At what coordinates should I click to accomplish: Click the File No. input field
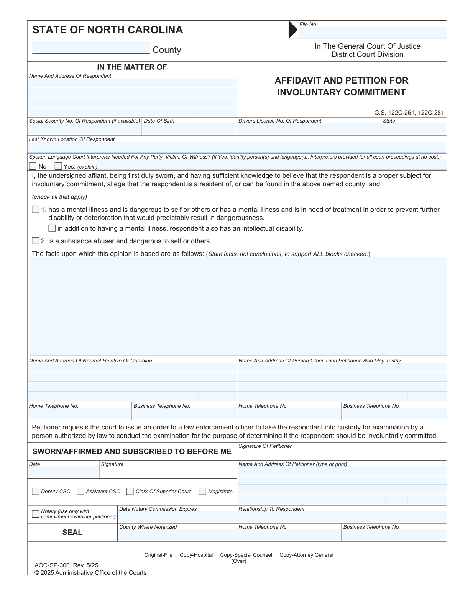[372, 33]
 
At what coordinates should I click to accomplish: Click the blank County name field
[91, 48]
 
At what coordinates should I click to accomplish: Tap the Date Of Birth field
[189, 129]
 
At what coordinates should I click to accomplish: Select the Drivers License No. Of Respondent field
[309, 129]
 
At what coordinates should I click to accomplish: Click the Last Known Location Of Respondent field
[237, 147]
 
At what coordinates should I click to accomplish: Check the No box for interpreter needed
[33, 166]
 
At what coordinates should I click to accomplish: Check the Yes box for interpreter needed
[58, 166]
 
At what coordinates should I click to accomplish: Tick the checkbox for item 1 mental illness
[36, 210]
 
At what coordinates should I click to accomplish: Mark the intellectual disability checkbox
[52, 228]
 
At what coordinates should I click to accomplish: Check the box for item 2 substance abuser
[36, 241]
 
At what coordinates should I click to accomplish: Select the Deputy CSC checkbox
[36, 491]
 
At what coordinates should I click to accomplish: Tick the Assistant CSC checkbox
[80, 491]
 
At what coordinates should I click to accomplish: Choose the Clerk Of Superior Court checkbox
[130, 491]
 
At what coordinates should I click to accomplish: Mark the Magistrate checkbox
[203, 491]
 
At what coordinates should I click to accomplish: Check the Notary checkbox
[36, 514]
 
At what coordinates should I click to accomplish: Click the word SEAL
[72, 533]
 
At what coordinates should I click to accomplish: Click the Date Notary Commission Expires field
[177, 517]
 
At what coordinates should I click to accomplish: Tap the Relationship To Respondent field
[341, 517]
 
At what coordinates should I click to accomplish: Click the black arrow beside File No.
[293, 30]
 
